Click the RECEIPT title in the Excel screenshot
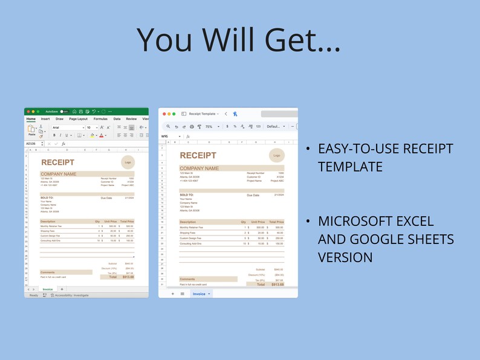coord(57,162)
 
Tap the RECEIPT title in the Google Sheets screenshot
coord(198,156)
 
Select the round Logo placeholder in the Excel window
coord(127,162)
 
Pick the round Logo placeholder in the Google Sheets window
coord(276,155)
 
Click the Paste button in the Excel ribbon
coord(31,130)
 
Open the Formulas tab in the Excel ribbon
coord(100,119)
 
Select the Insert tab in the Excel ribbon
coord(45,119)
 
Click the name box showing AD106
coord(31,144)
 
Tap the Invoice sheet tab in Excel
coord(47,289)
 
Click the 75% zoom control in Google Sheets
coord(209,127)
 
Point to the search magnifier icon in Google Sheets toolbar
coord(168,127)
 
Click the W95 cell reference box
coord(164,137)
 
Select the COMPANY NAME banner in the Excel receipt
coord(58,174)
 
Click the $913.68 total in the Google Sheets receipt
coord(277,284)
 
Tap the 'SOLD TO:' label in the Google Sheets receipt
coord(186,195)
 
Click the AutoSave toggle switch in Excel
coord(63,111)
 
